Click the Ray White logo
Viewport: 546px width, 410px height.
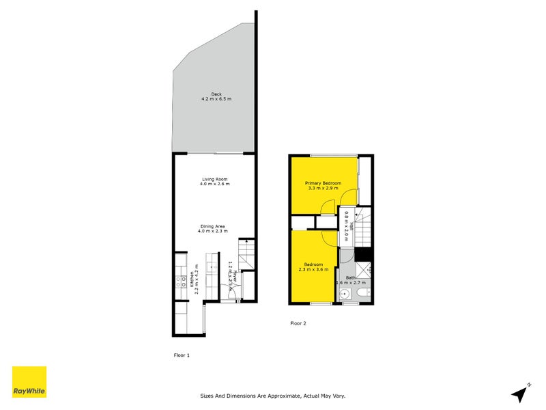tap(29, 382)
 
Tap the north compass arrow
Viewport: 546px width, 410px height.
tap(521, 393)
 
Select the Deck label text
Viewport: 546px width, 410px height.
tap(216, 94)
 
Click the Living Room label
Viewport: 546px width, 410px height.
tap(216, 178)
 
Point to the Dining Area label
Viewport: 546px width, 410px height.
tap(212, 226)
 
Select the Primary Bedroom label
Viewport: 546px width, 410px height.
tap(323, 183)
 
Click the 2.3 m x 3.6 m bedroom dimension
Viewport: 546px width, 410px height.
tap(313, 269)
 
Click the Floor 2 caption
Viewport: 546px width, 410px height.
tap(298, 323)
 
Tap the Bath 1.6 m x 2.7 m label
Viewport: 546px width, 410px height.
tap(350, 280)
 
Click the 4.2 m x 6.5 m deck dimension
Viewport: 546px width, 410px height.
tap(216, 100)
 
